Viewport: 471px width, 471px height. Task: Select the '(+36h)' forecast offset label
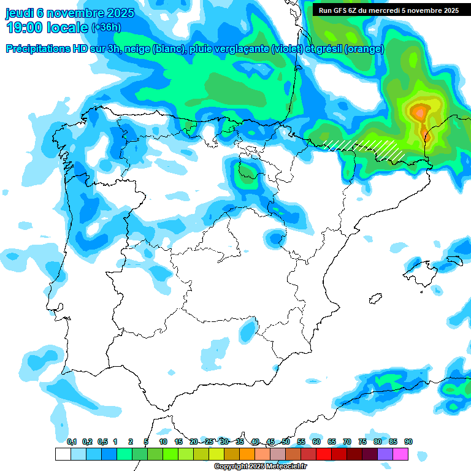pyautogui.click(x=106, y=28)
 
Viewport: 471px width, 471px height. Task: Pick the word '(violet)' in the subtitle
pyautogui.click(x=286, y=49)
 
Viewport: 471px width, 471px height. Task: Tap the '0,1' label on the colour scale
pyautogui.click(x=72, y=442)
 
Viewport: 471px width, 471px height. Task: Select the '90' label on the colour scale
pyautogui.click(x=408, y=442)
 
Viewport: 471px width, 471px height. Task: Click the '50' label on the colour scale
pyautogui.click(x=286, y=442)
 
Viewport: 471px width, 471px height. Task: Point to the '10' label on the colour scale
pyautogui.click(x=163, y=442)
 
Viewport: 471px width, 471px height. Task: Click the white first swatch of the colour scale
pyautogui.click(x=63, y=454)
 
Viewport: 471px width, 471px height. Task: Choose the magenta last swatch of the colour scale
pyautogui.click(x=400, y=454)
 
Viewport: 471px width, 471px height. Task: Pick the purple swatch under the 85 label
pyautogui.click(x=385, y=454)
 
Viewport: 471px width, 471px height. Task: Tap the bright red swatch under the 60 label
pyautogui.click(x=308, y=454)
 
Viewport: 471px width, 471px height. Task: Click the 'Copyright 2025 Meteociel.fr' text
pyautogui.click(x=260, y=467)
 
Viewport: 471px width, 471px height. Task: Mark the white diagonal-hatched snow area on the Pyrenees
pyautogui.click(x=368, y=147)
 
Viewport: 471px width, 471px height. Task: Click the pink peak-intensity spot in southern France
pyautogui.click(x=419, y=112)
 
